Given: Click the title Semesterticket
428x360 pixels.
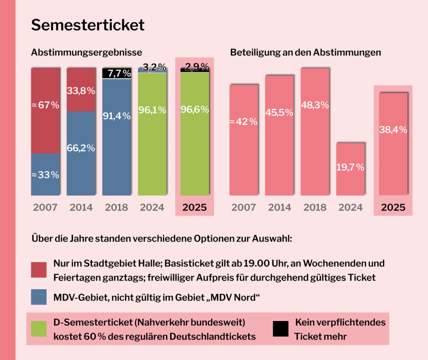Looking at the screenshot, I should [88, 25].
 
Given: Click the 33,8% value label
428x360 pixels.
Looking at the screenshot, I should [81, 91].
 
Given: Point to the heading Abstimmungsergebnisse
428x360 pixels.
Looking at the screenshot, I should [87, 53].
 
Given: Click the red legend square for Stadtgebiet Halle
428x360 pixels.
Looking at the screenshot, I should [39, 270].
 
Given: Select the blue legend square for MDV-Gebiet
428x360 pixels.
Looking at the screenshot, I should [39, 297].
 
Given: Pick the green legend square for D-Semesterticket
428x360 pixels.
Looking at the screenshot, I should [39, 329].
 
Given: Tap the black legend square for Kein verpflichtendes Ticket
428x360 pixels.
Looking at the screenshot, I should [280, 329].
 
